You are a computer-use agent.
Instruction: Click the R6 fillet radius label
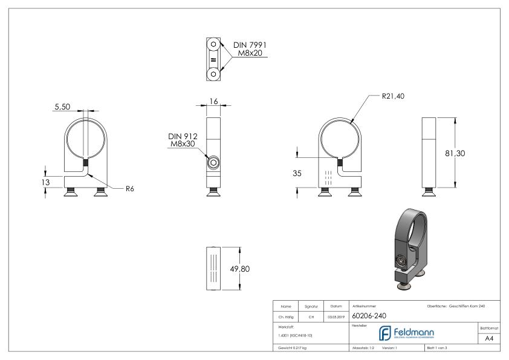pyautogui.click(x=129, y=189)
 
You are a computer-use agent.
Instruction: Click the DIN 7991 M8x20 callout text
pyautogui.click(x=250, y=49)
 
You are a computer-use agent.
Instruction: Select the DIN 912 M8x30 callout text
pyautogui.click(x=184, y=140)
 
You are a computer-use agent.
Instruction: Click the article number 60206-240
pyautogui.click(x=370, y=315)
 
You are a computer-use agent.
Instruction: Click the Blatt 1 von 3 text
pyautogui.click(x=439, y=349)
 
